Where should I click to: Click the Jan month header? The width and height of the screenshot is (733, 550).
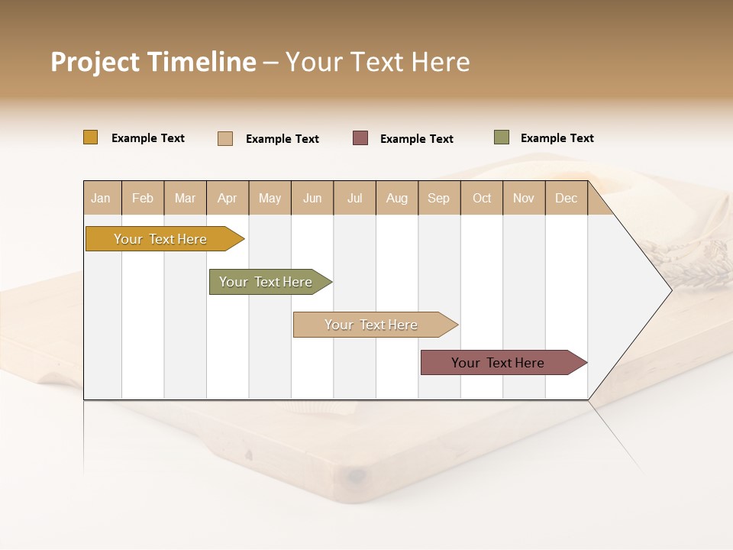point(102,198)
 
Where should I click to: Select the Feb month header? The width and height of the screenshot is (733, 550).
point(143,198)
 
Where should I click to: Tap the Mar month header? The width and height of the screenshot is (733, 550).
point(185,198)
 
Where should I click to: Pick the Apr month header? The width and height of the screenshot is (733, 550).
point(228,198)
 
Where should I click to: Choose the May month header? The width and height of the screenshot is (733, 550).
point(270,198)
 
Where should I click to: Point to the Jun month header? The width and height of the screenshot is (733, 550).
point(312,198)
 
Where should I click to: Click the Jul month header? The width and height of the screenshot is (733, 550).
point(354,198)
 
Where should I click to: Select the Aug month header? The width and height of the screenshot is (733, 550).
point(397,198)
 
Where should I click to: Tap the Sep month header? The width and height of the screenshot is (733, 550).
point(439,198)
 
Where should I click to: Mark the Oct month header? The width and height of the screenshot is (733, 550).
point(482,198)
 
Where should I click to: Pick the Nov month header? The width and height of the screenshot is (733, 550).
point(524,198)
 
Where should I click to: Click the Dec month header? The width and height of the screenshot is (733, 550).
point(567,198)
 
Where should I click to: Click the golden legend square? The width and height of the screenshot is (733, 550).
point(91,137)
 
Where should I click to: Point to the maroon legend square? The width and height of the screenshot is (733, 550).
point(360,138)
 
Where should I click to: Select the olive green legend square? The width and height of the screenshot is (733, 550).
point(502,137)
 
